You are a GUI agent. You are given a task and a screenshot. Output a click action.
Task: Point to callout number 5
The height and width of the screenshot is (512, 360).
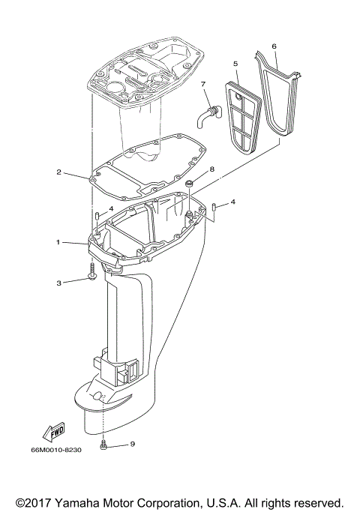[235, 64]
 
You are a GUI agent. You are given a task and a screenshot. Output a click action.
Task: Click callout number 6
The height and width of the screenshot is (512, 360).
[274, 46]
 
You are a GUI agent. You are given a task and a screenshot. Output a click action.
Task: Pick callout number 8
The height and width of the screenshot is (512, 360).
[212, 170]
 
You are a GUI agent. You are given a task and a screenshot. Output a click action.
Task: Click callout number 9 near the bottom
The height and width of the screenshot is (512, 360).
[132, 444]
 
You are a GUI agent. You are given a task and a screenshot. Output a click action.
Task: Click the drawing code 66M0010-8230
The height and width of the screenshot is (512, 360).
[67, 451]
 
